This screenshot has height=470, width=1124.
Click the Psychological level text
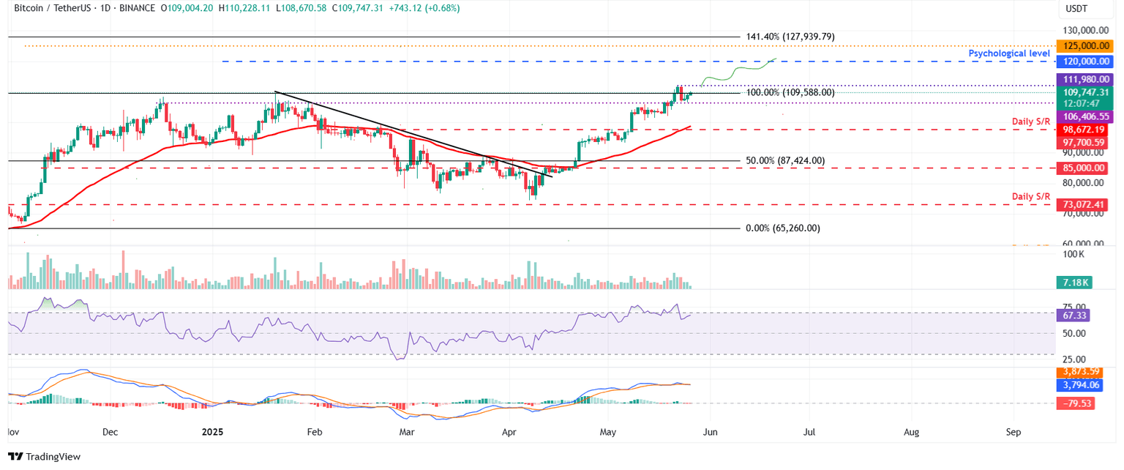[1009, 53]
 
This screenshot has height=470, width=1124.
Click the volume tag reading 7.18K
[1073, 283]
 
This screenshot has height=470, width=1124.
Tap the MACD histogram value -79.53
[1073, 403]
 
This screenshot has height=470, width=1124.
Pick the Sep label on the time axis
[1013, 432]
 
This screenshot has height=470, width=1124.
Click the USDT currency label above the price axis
[1075, 8]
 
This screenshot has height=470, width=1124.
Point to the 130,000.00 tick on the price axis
[1084, 31]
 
